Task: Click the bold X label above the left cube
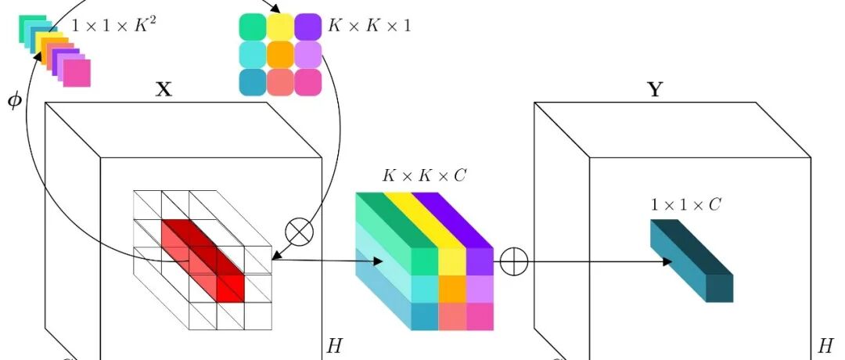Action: tap(164, 89)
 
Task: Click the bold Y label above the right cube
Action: tap(655, 89)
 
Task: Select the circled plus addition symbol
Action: tap(513, 262)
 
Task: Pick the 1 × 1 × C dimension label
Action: tap(685, 205)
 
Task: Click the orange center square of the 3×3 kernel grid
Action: tap(280, 54)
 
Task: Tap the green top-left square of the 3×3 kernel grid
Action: tap(252, 26)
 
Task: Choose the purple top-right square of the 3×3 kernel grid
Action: tap(308, 26)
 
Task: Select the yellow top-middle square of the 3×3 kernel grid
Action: tap(280, 26)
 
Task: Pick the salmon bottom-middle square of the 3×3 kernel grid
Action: tap(280, 82)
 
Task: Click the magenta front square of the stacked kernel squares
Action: tap(77, 74)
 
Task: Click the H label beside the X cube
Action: tap(333, 344)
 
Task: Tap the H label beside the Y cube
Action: tap(825, 344)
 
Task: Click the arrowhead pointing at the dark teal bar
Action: tap(667, 261)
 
